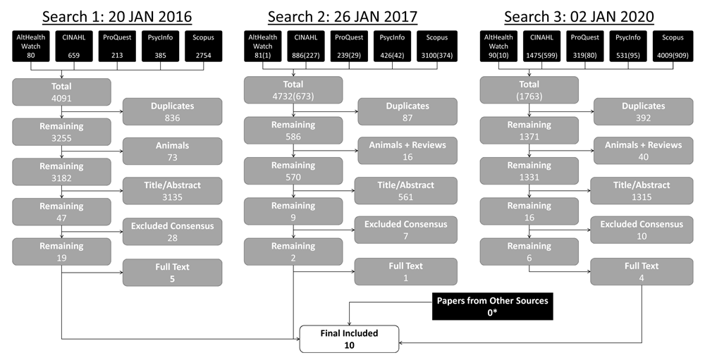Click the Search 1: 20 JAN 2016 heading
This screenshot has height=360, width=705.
[x=117, y=17]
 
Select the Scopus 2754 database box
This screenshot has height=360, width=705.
[x=203, y=46]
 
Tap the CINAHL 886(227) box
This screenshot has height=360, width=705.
[x=306, y=46]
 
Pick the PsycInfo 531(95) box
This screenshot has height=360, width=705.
[x=628, y=46]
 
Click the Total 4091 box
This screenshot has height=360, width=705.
[x=61, y=92]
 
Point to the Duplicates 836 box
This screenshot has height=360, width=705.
[x=172, y=112]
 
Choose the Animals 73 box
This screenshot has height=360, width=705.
[x=172, y=151]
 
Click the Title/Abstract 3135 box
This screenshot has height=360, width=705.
[x=172, y=191]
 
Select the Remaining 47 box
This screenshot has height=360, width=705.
[x=61, y=211]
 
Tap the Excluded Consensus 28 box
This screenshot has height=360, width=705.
[x=172, y=232]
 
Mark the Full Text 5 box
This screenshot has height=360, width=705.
[x=172, y=273]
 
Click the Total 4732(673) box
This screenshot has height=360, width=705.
[x=293, y=90]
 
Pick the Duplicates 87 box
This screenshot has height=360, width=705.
[x=407, y=112]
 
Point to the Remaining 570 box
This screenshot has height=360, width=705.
[x=293, y=171]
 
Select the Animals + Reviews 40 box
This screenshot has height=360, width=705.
[x=644, y=151]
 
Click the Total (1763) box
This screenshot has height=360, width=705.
[x=529, y=90]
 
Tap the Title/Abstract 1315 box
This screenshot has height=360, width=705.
[x=642, y=190]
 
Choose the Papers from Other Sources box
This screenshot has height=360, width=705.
[x=492, y=306]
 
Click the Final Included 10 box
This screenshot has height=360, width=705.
[x=350, y=339]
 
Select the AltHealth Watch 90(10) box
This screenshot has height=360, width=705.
[x=498, y=46]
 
